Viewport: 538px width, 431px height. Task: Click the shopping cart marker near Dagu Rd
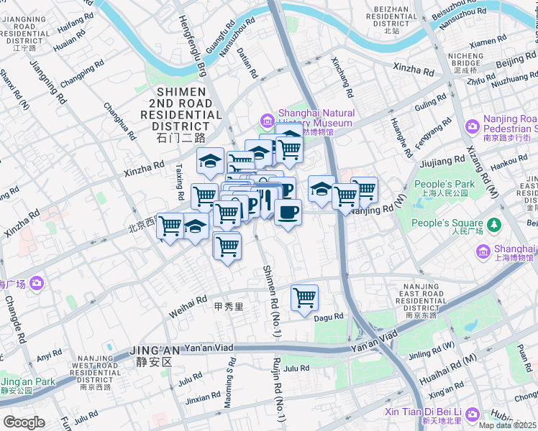tap(305, 297)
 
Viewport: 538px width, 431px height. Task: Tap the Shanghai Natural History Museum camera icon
tap(268, 118)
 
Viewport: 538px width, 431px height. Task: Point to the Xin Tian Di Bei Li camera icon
tap(473, 414)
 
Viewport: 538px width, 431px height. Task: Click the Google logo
tap(23, 422)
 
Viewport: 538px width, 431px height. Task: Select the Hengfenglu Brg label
tap(192, 47)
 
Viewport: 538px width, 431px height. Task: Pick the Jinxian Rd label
tap(203, 397)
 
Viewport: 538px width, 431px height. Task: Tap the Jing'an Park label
tap(27, 381)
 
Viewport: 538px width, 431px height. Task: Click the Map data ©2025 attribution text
tap(507, 425)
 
